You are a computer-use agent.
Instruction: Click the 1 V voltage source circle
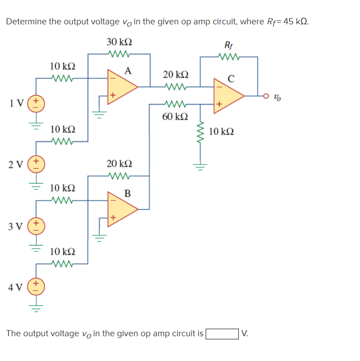tap(36, 104)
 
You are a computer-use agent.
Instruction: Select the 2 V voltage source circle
tap(36, 165)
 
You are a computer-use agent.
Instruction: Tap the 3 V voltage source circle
tap(36, 226)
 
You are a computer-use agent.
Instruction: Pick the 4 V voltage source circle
tap(36, 287)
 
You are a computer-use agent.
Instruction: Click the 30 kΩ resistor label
tap(119, 42)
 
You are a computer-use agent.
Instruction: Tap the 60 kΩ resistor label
tap(175, 116)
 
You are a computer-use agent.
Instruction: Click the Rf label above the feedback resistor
tap(229, 45)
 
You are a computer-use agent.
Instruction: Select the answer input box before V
tap(222, 334)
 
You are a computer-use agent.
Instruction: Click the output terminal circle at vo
tap(266, 96)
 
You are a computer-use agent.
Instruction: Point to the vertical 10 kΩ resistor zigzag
tap(200, 132)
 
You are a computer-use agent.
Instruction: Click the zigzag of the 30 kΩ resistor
tap(119, 54)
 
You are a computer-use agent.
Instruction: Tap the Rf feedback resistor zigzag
tap(229, 57)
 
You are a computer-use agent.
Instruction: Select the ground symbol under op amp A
tap(99, 115)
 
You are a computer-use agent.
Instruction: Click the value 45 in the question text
tap(288, 21)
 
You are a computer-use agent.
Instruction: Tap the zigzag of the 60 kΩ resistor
tap(175, 104)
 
